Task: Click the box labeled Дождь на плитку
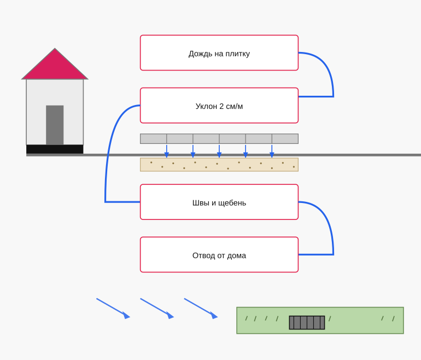219,53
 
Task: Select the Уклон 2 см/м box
219,105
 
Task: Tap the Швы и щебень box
219,202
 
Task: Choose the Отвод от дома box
219,254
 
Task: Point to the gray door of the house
55,125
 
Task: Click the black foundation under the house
55,149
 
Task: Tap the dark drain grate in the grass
307,322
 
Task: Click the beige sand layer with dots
219,165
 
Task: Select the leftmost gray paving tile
153,138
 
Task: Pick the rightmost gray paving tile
285,138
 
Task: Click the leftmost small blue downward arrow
166,151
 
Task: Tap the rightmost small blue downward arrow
272,151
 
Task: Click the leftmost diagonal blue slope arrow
113,308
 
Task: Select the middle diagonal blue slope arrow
157,308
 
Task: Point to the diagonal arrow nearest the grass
201,308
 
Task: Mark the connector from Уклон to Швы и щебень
107,153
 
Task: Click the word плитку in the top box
238,54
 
